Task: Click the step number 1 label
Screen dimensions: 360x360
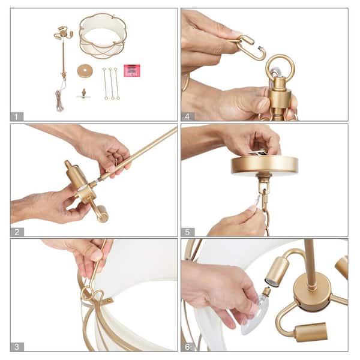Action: coord(17,116)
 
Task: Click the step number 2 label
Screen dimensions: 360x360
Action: coord(17,232)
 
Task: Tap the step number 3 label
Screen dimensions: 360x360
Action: coord(17,347)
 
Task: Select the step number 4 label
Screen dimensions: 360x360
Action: coord(188,116)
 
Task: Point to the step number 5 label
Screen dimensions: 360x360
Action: coord(188,232)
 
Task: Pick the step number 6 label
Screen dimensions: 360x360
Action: coord(188,347)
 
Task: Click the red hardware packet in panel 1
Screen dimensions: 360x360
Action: coord(132,70)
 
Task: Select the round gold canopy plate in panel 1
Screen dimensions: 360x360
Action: coord(85,71)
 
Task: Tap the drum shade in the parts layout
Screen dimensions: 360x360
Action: coord(103,35)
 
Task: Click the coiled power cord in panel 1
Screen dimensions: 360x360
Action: coord(59,101)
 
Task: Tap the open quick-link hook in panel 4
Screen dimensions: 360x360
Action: coord(250,47)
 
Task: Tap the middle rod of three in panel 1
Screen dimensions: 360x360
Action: coord(112,83)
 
